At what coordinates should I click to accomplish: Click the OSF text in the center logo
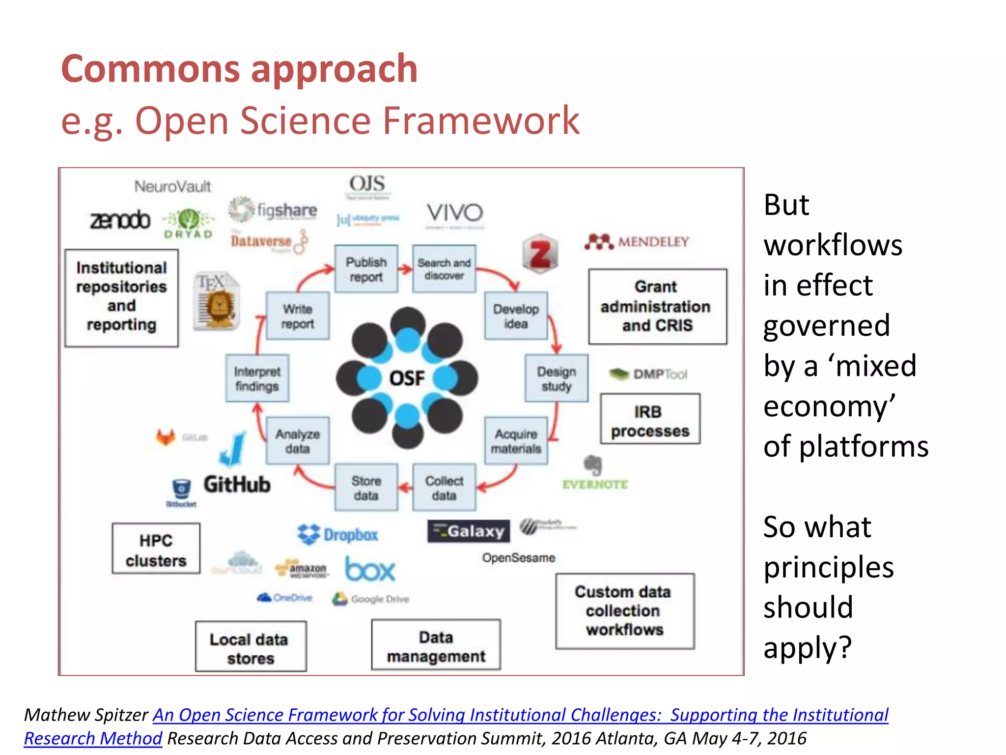click(407, 378)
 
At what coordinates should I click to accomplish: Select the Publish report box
click(366, 269)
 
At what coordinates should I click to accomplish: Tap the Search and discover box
click(444, 269)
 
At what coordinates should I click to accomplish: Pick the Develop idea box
click(516, 316)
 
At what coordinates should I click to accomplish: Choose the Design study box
click(556, 378)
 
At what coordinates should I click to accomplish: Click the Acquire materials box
click(516, 441)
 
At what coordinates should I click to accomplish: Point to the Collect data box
click(444, 488)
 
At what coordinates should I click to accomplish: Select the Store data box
click(366, 488)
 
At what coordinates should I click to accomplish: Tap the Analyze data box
click(298, 441)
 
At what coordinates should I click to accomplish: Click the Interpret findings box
click(257, 378)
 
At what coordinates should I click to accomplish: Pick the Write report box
click(298, 316)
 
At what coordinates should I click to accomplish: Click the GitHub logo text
click(237, 485)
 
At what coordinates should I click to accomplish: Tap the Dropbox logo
click(338, 534)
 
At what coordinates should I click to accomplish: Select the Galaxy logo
click(468, 531)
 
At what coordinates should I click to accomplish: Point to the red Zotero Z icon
click(540, 254)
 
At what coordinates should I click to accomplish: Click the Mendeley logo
click(637, 242)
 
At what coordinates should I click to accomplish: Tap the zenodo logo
click(120, 220)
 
